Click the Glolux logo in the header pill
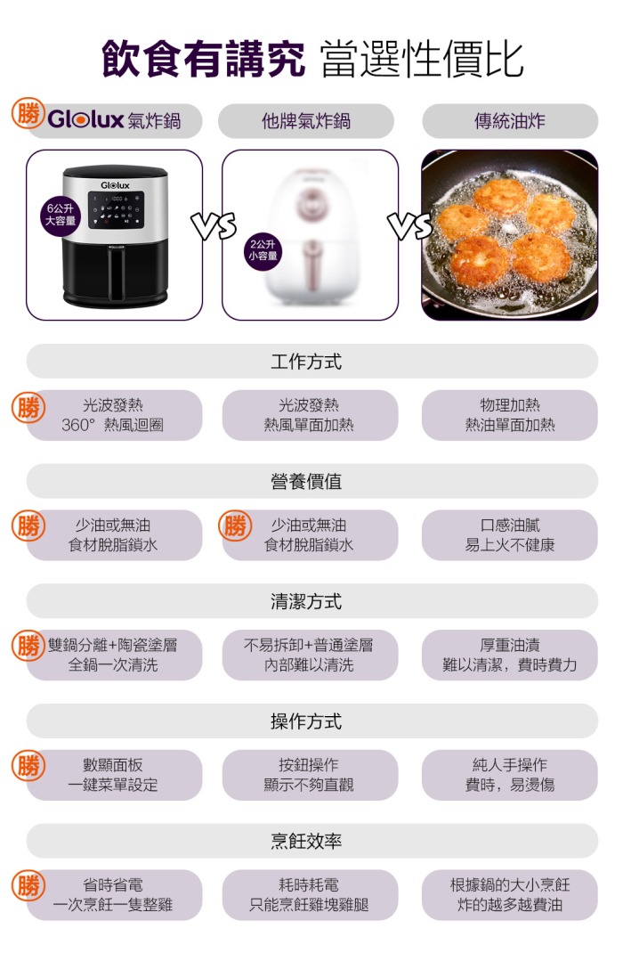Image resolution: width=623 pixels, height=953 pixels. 85,119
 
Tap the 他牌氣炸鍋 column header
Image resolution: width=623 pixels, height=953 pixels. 306,121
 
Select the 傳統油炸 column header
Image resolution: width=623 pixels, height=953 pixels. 510,121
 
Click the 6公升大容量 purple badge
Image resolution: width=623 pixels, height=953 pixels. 61,215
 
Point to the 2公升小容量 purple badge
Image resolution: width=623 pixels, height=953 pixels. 263,249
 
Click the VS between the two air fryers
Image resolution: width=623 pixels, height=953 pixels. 213,226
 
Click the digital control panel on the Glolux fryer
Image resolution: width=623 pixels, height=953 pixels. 116,209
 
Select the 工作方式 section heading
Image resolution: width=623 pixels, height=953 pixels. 306,362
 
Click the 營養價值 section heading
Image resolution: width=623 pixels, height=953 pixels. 306,481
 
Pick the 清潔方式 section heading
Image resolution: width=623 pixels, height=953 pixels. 306,601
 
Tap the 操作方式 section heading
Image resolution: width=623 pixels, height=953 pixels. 306,721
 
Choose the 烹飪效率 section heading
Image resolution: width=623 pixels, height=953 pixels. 306,841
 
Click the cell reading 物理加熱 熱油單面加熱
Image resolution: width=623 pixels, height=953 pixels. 510,415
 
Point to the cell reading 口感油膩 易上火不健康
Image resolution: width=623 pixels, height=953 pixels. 510,535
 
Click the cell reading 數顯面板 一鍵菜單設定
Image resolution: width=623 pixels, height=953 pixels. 113,775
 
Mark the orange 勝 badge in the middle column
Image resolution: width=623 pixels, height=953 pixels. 235,525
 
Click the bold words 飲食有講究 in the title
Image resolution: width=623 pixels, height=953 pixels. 204,59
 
